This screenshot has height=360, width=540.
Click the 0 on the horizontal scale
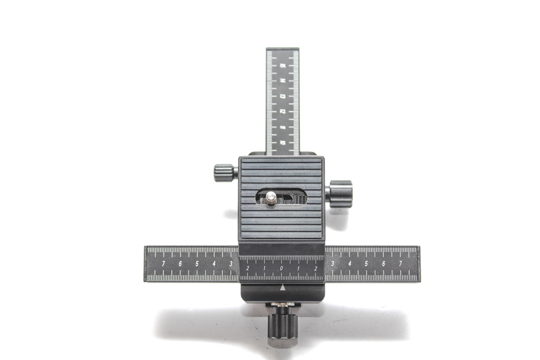coord(281,268)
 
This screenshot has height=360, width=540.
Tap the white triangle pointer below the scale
coord(283,288)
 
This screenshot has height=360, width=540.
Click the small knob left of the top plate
coord(223,173)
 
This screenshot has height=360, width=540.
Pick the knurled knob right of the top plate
coord(340,194)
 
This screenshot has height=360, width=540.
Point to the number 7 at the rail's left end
coord(164,263)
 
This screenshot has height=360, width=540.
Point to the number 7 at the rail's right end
coord(400,263)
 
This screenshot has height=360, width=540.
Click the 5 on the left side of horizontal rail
coord(197,263)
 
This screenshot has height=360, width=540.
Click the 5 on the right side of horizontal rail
coord(366,263)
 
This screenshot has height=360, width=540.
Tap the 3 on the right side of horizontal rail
coord(332,263)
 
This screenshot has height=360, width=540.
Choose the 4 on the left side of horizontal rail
coord(214,263)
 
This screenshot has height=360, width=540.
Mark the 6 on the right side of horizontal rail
coord(383,263)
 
